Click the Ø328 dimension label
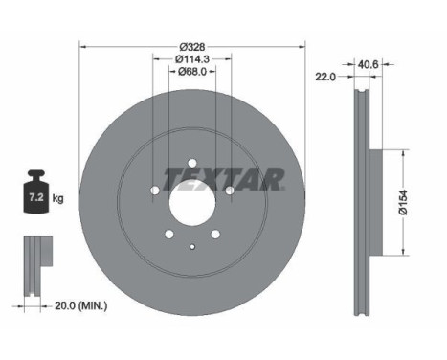pos(192,47)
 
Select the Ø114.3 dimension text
pos(192,59)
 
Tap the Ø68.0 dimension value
pos(192,72)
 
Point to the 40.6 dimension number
pos(369,64)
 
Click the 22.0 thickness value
pos(325,77)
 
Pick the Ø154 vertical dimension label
pos(403,202)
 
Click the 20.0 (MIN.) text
pos(81,306)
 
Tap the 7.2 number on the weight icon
pos(36,197)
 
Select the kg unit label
pos(57,198)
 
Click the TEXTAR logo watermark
pos(223,179)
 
